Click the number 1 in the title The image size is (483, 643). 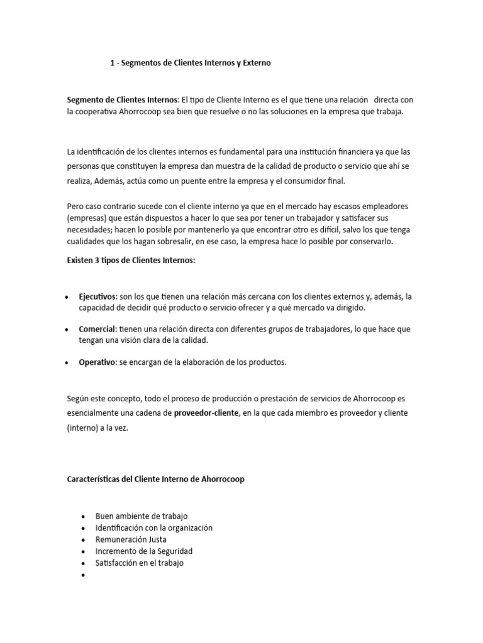[113, 63]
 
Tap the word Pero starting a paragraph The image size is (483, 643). [75, 207]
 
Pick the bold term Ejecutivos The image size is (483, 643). [97, 296]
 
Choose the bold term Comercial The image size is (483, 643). [97, 329]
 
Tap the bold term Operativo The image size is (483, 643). [97, 362]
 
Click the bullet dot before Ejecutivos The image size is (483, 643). [67, 297]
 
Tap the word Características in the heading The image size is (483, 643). [97, 479]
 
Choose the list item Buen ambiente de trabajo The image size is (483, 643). [142, 516]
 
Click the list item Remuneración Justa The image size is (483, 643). [131, 539]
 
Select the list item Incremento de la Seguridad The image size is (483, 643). [144, 551]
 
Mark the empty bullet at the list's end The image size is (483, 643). [83, 575]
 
